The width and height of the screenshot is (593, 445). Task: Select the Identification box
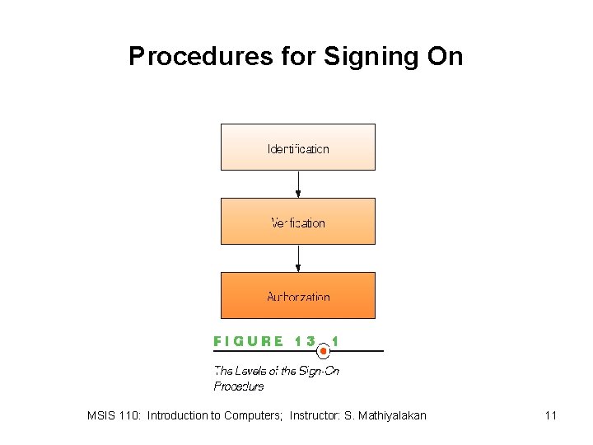[297, 148]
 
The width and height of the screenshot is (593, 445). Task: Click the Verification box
[297, 222]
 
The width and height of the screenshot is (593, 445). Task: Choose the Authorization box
[297, 296]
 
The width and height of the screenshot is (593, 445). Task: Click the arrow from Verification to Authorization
[298, 259]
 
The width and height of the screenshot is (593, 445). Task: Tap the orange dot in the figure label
[324, 351]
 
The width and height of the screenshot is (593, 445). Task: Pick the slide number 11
[550, 415]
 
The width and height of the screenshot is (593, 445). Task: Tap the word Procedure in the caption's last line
[239, 386]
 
